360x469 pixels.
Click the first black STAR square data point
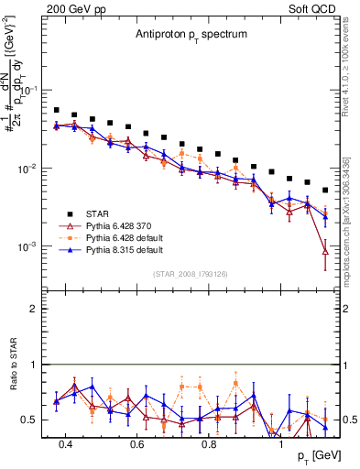click(x=57, y=110)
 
